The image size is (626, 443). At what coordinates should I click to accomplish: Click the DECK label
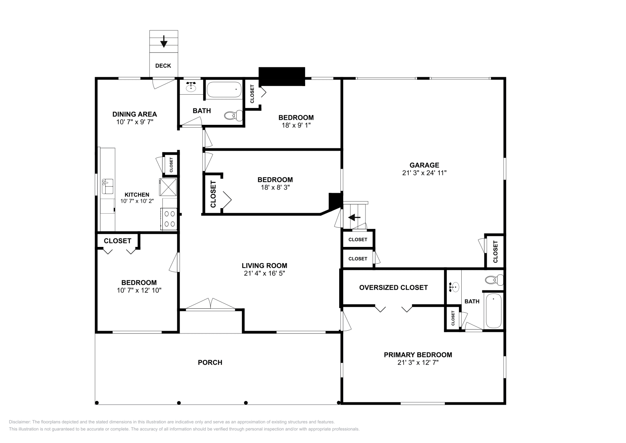(163, 66)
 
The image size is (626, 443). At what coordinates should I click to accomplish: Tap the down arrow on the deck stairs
(164, 41)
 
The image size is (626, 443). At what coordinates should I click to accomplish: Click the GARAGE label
(424, 165)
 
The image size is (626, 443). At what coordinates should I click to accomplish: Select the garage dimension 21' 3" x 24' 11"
(424, 173)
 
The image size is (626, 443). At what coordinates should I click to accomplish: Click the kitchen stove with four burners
(169, 219)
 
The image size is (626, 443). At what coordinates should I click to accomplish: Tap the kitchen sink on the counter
(107, 186)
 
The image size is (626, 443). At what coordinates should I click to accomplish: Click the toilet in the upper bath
(233, 115)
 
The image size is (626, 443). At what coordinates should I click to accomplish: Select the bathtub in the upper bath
(224, 90)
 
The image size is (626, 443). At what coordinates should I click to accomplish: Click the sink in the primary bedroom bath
(453, 287)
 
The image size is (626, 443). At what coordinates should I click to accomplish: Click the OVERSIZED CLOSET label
(393, 288)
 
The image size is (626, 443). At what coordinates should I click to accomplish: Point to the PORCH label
(210, 363)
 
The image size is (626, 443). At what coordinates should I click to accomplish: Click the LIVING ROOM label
(264, 266)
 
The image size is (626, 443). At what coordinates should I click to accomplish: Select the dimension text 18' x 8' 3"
(275, 187)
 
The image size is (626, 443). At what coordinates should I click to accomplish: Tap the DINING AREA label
(135, 114)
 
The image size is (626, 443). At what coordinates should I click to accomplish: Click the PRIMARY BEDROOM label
(418, 355)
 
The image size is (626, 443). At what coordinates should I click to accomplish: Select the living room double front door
(210, 305)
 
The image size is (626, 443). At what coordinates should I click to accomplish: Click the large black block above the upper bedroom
(282, 76)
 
